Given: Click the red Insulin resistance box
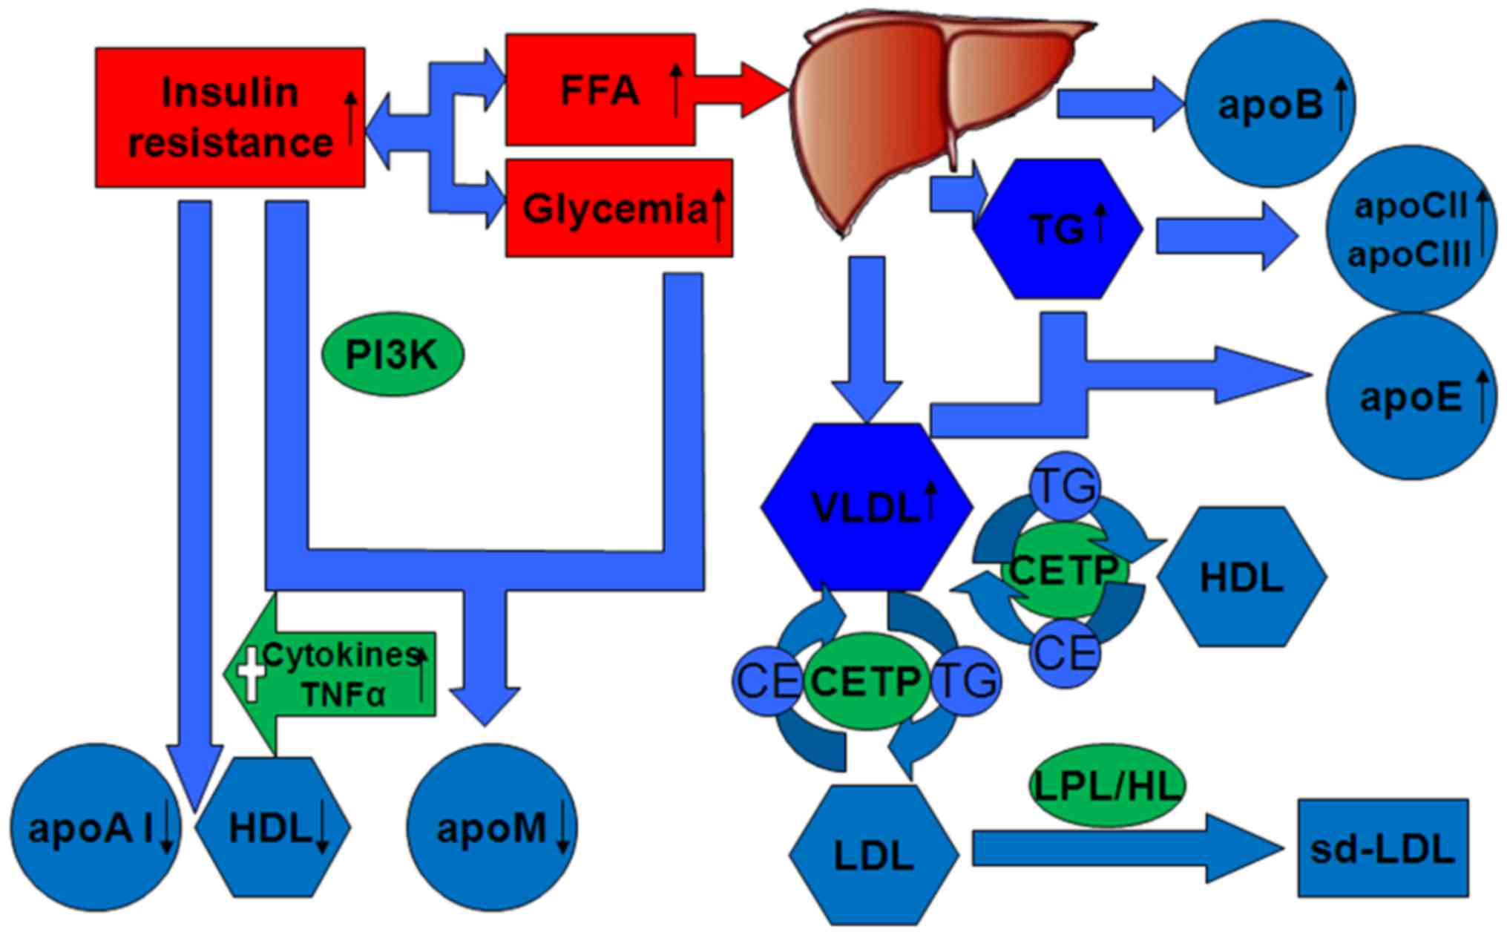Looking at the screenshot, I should (x=229, y=117).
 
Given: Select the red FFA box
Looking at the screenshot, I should (x=600, y=89).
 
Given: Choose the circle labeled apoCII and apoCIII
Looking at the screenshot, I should (x=1411, y=230).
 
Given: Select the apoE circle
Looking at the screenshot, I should (x=1411, y=397).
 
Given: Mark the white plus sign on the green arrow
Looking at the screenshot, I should (x=251, y=672).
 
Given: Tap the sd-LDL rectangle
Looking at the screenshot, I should (x=1382, y=848).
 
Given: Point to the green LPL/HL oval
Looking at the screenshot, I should (x=1106, y=786).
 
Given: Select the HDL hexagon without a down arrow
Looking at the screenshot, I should (x=1241, y=577).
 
